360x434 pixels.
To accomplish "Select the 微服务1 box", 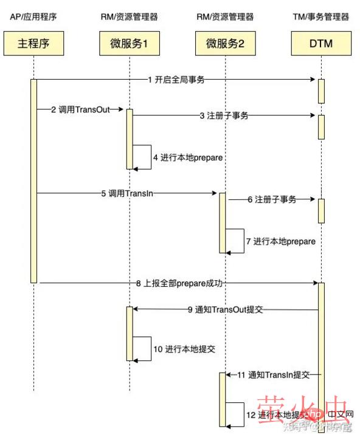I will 130,44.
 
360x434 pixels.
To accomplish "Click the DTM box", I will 320,44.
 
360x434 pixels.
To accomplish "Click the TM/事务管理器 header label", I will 320,17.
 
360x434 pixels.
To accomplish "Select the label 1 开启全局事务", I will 177,80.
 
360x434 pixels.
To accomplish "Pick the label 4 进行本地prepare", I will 187,157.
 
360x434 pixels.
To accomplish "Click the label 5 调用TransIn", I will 128,193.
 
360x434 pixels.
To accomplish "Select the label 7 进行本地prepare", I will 281,241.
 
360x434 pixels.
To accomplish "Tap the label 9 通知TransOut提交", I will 225,309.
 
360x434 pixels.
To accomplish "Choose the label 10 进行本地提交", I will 184,350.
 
